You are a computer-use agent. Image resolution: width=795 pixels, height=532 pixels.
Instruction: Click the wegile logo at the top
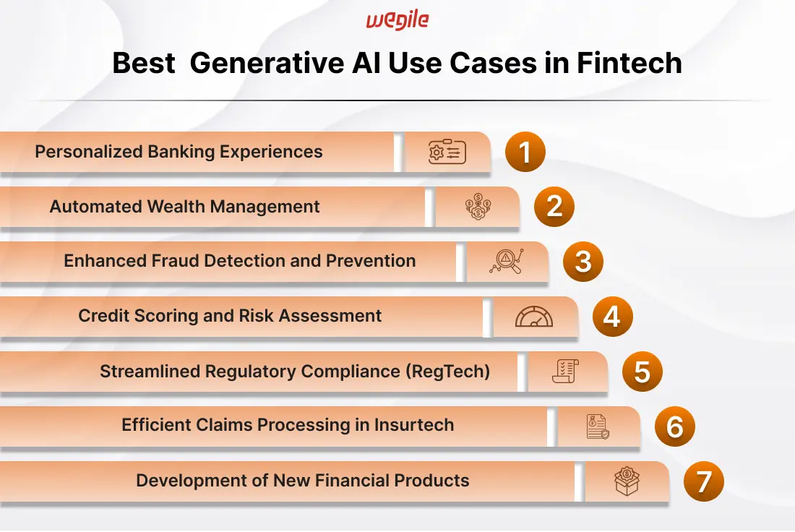coord(397,20)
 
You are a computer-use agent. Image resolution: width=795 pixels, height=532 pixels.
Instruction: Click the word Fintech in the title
coord(629,63)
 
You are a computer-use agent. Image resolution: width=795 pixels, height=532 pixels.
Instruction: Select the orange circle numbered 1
coord(525,152)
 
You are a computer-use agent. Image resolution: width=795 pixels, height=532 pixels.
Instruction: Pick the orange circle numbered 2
coord(554,207)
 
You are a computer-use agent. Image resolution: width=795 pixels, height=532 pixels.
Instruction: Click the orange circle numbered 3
coord(583,262)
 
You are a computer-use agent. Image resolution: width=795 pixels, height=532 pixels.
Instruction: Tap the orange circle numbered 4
coord(612,317)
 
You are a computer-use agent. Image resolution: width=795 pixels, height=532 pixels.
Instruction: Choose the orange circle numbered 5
coord(643,372)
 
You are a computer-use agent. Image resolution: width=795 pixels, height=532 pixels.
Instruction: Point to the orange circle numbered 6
coord(675,426)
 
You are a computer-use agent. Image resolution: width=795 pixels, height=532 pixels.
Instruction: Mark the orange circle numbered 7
coord(704,481)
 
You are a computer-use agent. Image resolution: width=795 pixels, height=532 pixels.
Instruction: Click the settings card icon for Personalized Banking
coord(447,152)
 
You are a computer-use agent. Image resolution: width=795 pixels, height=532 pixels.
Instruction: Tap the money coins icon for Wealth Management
coord(478,207)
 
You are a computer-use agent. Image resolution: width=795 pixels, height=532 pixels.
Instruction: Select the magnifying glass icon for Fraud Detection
coord(507,261)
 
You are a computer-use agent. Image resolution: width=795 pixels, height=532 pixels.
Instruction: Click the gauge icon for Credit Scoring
coord(534,317)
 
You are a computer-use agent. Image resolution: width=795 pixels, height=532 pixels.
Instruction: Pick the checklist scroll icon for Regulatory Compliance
coord(565,372)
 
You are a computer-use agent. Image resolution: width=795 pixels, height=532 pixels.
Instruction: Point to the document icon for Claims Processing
coord(598,426)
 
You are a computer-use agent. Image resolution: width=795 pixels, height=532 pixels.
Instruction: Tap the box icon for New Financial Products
coord(627,481)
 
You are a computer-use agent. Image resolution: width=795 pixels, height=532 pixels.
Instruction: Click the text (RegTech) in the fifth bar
coord(447,372)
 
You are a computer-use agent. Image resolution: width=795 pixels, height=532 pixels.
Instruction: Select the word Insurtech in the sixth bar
coord(414,425)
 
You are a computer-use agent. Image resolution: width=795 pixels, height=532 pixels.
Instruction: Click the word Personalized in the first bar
coord(89,152)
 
